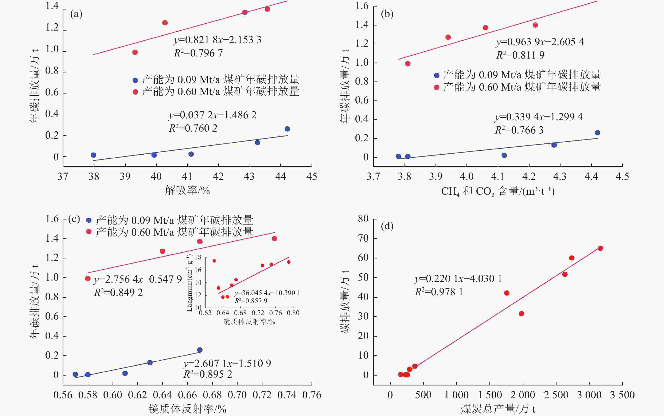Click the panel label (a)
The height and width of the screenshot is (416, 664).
(76, 14)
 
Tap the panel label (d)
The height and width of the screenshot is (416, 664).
(387, 226)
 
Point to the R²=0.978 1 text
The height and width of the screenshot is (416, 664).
(439, 292)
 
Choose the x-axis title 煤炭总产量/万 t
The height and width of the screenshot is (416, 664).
(498, 409)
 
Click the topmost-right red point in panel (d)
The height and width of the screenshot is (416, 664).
(600, 248)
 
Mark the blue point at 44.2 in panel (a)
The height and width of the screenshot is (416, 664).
(287, 129)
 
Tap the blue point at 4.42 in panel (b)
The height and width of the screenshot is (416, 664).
(597, 133)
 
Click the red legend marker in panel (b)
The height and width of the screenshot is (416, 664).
(437, 87)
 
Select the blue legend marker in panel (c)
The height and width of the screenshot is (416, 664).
(89, 220)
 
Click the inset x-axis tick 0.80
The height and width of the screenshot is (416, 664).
(293, 313)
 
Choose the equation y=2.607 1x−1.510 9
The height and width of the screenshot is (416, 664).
(227, 364)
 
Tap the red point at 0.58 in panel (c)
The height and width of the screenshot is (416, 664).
(88, 278)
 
